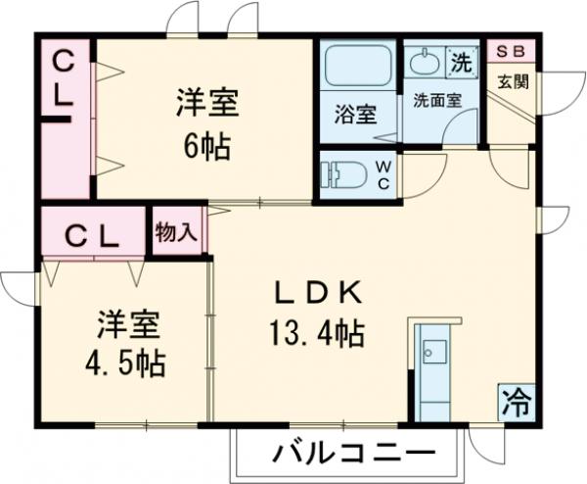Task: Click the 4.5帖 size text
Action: tap(124, 363)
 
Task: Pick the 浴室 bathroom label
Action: tap(353, 113)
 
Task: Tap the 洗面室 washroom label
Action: tap(431, 99)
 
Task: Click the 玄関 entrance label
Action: tap(512, 82)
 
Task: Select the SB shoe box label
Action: tap(511, 51)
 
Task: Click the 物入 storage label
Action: tap(177, 233)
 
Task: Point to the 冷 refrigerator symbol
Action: tap(516, 399)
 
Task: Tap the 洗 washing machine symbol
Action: tap(461, 61)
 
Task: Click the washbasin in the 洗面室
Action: tap(426, 64)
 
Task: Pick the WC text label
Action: tap(384, 172)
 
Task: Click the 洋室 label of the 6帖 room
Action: tap(208, 102)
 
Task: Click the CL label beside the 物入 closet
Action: tap(92, 237)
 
